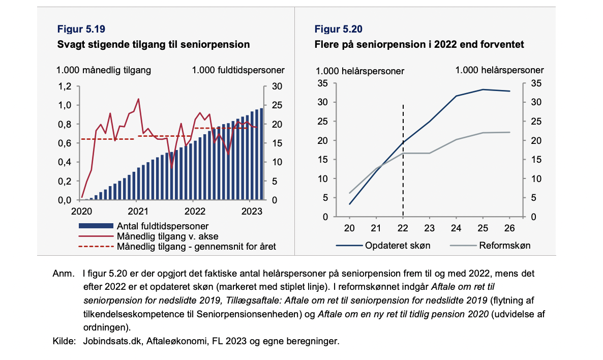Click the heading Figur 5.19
[x=81, y=29]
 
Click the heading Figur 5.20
[x=339, y=29]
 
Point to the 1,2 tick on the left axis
[x=65, y=86]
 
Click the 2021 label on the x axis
[x=138, y=211]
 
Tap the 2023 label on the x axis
[x=252, y=211]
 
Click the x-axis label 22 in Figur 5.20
[x=403, y=228]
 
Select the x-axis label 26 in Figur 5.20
[x=509, y=228]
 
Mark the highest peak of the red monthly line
[x=138, y=99]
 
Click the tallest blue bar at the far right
[x=261, y=154]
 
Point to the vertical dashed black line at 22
[x=403, y=160]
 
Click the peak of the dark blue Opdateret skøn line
[x=483, y=89]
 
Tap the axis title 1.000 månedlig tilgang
[x=103, y=70]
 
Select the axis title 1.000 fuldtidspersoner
[x=238, y=70]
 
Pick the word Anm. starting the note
[x=64, y=274]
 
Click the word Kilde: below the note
[x=64, y=341]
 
